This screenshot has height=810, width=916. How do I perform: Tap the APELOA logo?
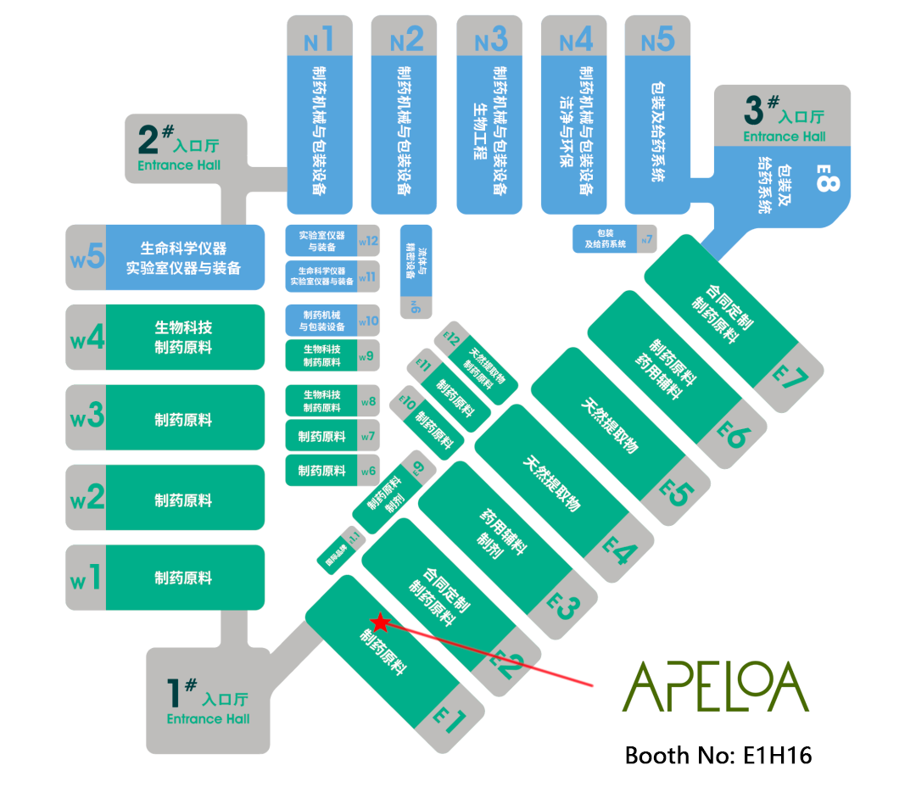(716, 687)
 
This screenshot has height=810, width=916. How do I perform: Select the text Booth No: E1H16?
(718, 755)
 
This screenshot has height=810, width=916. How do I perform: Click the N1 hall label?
(319, 39)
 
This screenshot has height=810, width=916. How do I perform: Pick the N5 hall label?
(657, 39)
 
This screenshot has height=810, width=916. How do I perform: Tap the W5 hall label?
(87, 256)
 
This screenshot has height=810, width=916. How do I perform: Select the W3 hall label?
(87, 417)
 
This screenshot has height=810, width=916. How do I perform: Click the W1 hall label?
(87, 578)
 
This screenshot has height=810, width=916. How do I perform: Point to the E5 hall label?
(676, 493)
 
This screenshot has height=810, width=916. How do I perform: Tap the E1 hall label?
(450, 722)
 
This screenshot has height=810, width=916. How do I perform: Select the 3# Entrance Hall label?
(784, 119)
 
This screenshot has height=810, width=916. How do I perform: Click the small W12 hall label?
(368, 241)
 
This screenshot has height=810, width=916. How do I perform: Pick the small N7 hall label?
(647, 239)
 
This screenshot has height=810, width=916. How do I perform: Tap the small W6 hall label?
(368, 471)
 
